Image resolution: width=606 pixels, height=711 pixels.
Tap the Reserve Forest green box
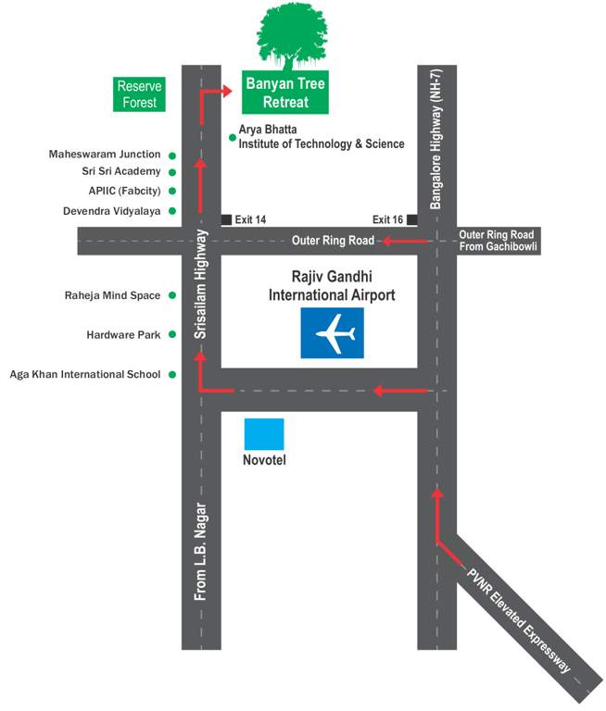[138, 94]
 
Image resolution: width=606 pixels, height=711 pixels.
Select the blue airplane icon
[332, 333]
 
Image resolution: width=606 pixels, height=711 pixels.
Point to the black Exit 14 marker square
[226, 219]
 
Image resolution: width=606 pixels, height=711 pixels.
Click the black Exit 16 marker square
[411, 219]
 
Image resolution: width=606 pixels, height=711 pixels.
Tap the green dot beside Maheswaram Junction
[172, 155]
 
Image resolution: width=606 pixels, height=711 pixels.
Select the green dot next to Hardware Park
[172, 334]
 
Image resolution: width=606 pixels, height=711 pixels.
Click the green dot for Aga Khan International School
[172, 374]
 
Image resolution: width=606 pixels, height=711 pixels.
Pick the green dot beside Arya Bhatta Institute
[232, 138]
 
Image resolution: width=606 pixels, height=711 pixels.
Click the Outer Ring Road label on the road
[333, 241]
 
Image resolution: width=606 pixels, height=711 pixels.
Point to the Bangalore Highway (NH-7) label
[438, 126]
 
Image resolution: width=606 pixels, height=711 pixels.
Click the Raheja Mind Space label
[112, 295]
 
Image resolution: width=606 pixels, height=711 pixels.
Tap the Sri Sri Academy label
[121, 171]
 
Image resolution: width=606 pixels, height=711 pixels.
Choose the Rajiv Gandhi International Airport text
[332, 287]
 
